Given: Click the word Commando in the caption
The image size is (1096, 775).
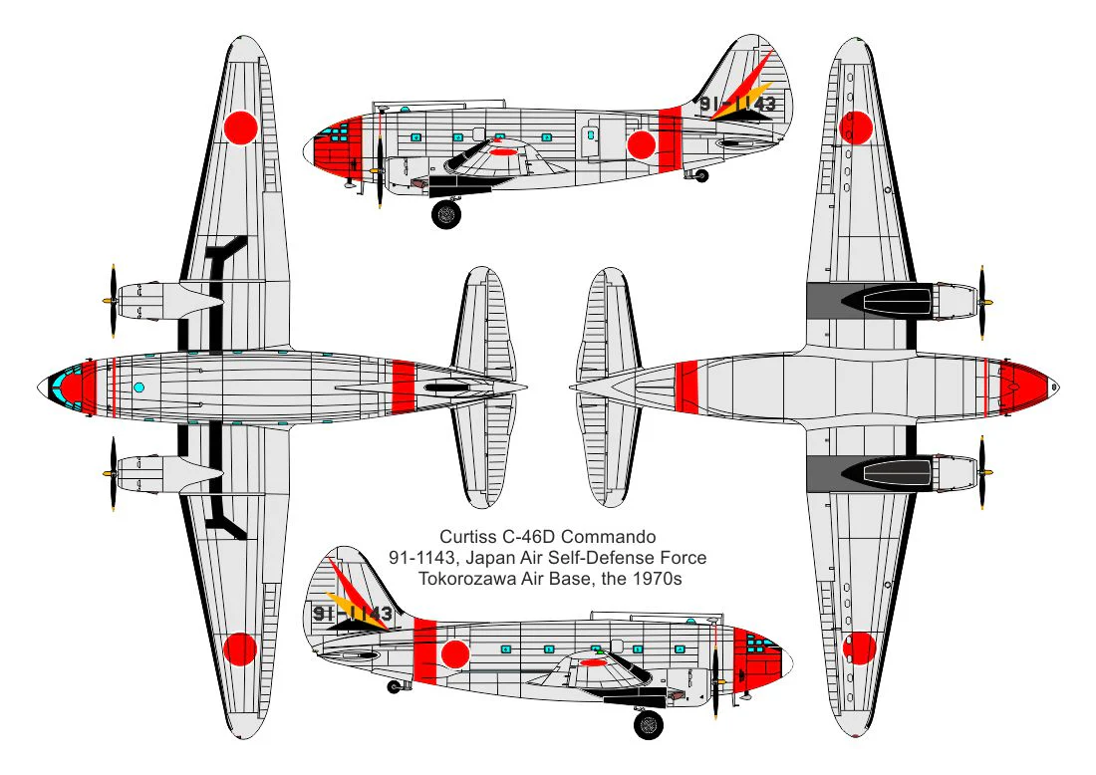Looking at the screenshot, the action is pyautogui.click(x=608, y=537).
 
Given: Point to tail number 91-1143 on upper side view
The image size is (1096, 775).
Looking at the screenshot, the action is pyautogui.click(x=737, y=105).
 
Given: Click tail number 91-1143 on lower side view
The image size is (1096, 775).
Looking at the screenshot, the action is pyautogui.click(x=353, y=614).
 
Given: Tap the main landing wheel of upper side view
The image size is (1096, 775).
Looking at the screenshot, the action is pyautogui.click(x=446, y=214).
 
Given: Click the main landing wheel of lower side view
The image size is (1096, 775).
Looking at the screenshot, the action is pyautogui.click(x=649, y=724).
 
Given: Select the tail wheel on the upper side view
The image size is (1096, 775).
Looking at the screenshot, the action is pyautogui.click(x=701, y=176).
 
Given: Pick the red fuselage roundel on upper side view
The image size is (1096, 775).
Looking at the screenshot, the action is pyautogui.click(x=641, y=144).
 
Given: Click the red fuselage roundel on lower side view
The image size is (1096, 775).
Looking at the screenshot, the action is pyautogui.click(x=455, y=654).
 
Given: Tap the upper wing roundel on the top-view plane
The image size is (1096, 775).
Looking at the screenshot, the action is pyautogui.click(x=241, y=128).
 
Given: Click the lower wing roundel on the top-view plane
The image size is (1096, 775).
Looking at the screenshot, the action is pyautogui.click(x=240, y=649).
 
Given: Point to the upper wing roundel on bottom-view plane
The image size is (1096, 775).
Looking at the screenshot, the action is pyautogui.click(x=856, y=128).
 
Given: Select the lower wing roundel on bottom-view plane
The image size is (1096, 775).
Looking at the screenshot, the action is pyautogui.click(x=859, y=648).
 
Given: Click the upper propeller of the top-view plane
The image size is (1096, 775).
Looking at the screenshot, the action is pyautogui.click(x=112, y=301).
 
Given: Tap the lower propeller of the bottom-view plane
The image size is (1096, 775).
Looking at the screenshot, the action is pyautogui.click(x=983, y=472).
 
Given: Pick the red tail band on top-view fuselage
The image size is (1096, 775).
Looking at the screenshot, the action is pyautogui.click(x=404, y=387).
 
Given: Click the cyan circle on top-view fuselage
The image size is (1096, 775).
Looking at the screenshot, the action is pyautogui.click(x=138, y=387).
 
